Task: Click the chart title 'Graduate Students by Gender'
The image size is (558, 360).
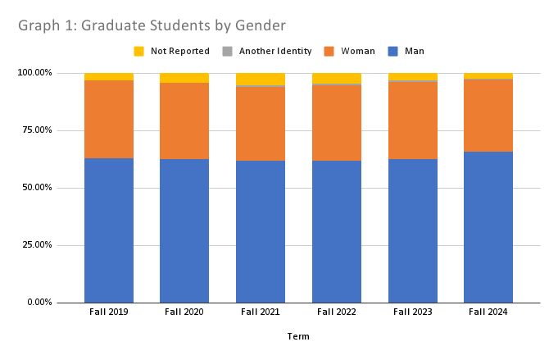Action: click(152, 27)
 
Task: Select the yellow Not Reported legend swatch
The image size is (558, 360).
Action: click(139, 51)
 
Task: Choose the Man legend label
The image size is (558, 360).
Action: click(415, 51)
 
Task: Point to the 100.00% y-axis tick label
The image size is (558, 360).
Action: click(34, 73)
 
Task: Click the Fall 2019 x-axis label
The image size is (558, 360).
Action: click(108, 312)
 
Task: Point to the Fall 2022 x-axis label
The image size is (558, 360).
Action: click(336, 312)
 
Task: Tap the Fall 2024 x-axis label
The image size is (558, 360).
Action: click(488, 312)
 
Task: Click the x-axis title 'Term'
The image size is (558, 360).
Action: click(298, 336)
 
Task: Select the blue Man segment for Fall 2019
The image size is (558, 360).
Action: click(109, 230)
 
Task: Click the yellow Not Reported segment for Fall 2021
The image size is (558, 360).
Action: click(261, 79)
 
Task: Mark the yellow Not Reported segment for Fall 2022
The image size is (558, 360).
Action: click(337, 78)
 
